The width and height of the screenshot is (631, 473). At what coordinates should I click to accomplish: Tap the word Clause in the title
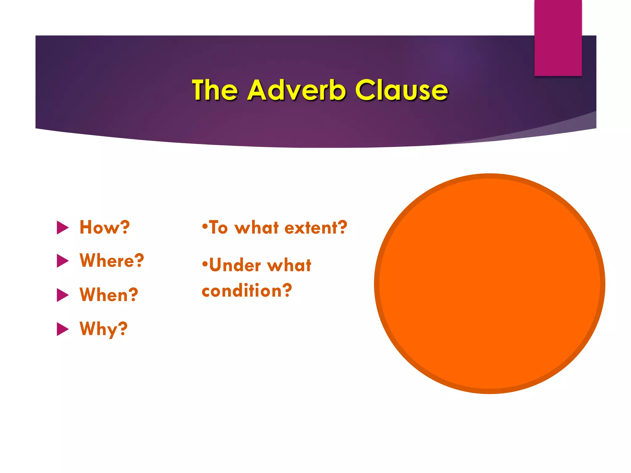pos(401,90)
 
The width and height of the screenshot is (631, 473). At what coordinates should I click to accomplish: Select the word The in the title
pos(215,90)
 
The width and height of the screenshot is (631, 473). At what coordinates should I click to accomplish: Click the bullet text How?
pos(105,227)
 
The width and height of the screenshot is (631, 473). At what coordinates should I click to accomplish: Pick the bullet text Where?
pos(112,261)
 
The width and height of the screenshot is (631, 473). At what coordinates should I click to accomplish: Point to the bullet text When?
pos(109,295)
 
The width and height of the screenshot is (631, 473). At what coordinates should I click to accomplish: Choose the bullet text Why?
pos(104,329)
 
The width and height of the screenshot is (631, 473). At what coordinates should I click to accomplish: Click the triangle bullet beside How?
pos(63,228)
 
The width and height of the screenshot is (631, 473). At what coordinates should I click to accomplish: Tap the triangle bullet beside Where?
pos(63,261)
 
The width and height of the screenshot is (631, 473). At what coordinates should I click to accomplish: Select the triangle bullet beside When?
pos(63,295)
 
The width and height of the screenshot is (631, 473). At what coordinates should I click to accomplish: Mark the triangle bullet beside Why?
pos(63,329)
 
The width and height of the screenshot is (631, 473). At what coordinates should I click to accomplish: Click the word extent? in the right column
pos(316,228)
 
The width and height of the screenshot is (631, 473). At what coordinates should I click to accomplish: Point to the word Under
pos(235,265)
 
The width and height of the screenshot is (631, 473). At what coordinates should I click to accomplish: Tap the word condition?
pos(247,291)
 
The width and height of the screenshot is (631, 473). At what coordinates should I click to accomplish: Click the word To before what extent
pos(218,228)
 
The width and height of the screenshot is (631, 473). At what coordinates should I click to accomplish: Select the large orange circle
pos(490,284)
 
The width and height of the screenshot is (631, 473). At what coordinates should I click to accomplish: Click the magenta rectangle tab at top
pos(558,38)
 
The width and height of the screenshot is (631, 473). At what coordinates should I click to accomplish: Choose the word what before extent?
pos(256,228)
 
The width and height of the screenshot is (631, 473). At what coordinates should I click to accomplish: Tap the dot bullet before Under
pos(205,264)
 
